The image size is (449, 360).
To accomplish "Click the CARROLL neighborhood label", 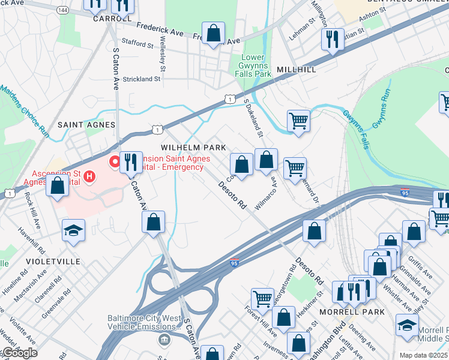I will pyautogui.click(x=112, y=18).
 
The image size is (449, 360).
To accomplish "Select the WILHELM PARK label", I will pyautogui.click(x=193, y=147).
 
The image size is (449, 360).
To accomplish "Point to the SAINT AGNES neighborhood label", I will pyautogui.click(x=86, y=124).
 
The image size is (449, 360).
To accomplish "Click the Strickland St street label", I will pyautogui.click(x=142, y=79).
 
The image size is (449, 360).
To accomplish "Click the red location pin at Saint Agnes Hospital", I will pyautogui.click(x=113, y=162).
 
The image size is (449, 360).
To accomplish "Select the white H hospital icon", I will pyautogui.click(x=89, y=176).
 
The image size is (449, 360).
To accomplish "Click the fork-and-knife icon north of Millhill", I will pyautogui.click(x=332, y=40).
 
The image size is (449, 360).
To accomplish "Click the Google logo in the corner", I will pyautogui.click(x=19, y=353).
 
